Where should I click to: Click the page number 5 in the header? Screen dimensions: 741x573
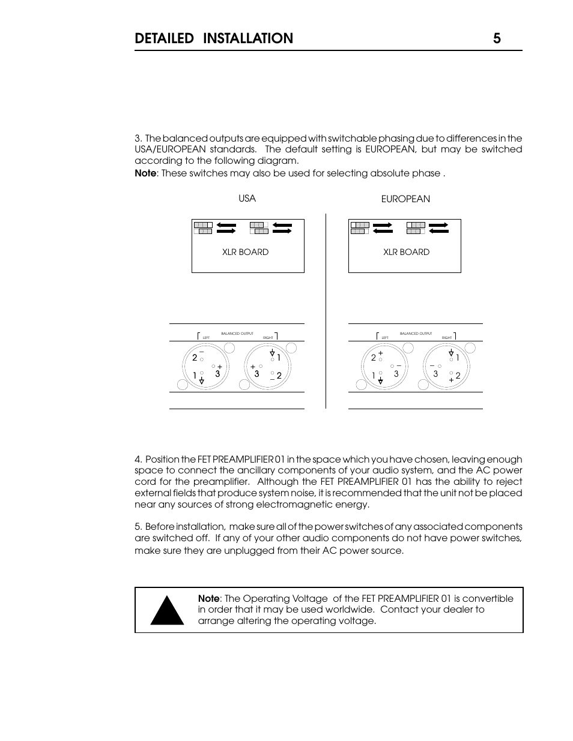(x=497, y=38)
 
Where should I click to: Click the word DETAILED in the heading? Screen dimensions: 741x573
(x=165, y=38)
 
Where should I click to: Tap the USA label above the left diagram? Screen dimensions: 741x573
(x=247, y=198)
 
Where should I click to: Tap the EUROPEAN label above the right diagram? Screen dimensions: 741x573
(x=405, y=199)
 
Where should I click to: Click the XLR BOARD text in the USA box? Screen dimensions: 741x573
(x=245, y=252)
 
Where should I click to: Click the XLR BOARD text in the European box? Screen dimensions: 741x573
(x=406, y=252)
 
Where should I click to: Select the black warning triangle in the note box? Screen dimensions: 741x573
(x=166, y=610)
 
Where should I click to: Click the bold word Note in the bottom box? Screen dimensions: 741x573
(x=208, y=598)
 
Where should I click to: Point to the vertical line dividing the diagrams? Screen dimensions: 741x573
(x=326, y=312)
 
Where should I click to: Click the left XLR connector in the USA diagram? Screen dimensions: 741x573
(x=207, y=367)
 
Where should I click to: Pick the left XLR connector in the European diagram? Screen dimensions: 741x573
(x=385, y=367)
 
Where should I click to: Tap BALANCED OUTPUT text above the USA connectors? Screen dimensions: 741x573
(x=237, y=334)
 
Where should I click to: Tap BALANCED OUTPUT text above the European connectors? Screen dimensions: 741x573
(x=416, y=334)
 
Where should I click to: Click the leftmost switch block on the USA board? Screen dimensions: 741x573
(x=202, y=227)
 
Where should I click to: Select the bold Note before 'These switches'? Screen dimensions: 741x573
(x=145, y=173)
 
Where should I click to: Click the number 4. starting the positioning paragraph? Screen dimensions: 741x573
(x=139, y=459)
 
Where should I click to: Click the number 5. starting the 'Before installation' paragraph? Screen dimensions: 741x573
(x=139, y=526)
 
